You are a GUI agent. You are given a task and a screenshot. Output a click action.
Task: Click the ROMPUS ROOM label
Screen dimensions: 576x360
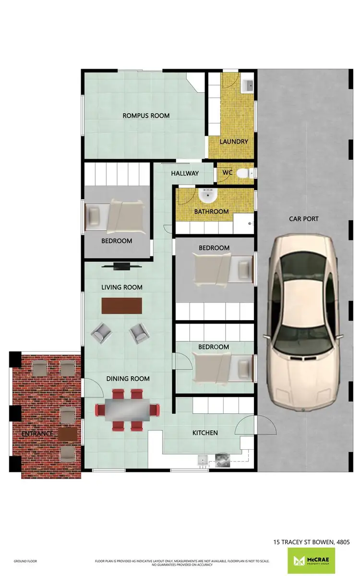[146, 115]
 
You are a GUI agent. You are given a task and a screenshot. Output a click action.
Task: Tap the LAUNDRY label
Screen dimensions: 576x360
[234, 142]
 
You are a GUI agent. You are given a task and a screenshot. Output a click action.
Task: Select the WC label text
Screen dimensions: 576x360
[227, 172]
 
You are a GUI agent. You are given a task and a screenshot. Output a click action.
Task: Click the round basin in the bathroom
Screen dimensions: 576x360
[208, 195]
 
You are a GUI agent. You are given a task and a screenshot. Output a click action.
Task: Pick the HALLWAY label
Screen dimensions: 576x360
[185, 173]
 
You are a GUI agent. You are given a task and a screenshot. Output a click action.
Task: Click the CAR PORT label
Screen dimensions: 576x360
[303, 219]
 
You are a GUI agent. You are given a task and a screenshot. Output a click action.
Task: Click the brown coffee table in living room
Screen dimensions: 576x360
[122, 305]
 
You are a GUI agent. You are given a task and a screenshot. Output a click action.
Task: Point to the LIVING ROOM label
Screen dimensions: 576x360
[122, 288]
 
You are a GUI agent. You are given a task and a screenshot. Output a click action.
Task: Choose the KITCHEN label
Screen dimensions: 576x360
[205, 433]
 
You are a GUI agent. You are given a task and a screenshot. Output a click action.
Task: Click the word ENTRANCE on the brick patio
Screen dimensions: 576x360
[37, 434]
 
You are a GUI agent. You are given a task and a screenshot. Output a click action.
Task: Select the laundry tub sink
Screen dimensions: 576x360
[248, 85]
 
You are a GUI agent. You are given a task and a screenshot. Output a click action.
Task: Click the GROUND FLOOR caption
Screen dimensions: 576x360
[26, 561]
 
